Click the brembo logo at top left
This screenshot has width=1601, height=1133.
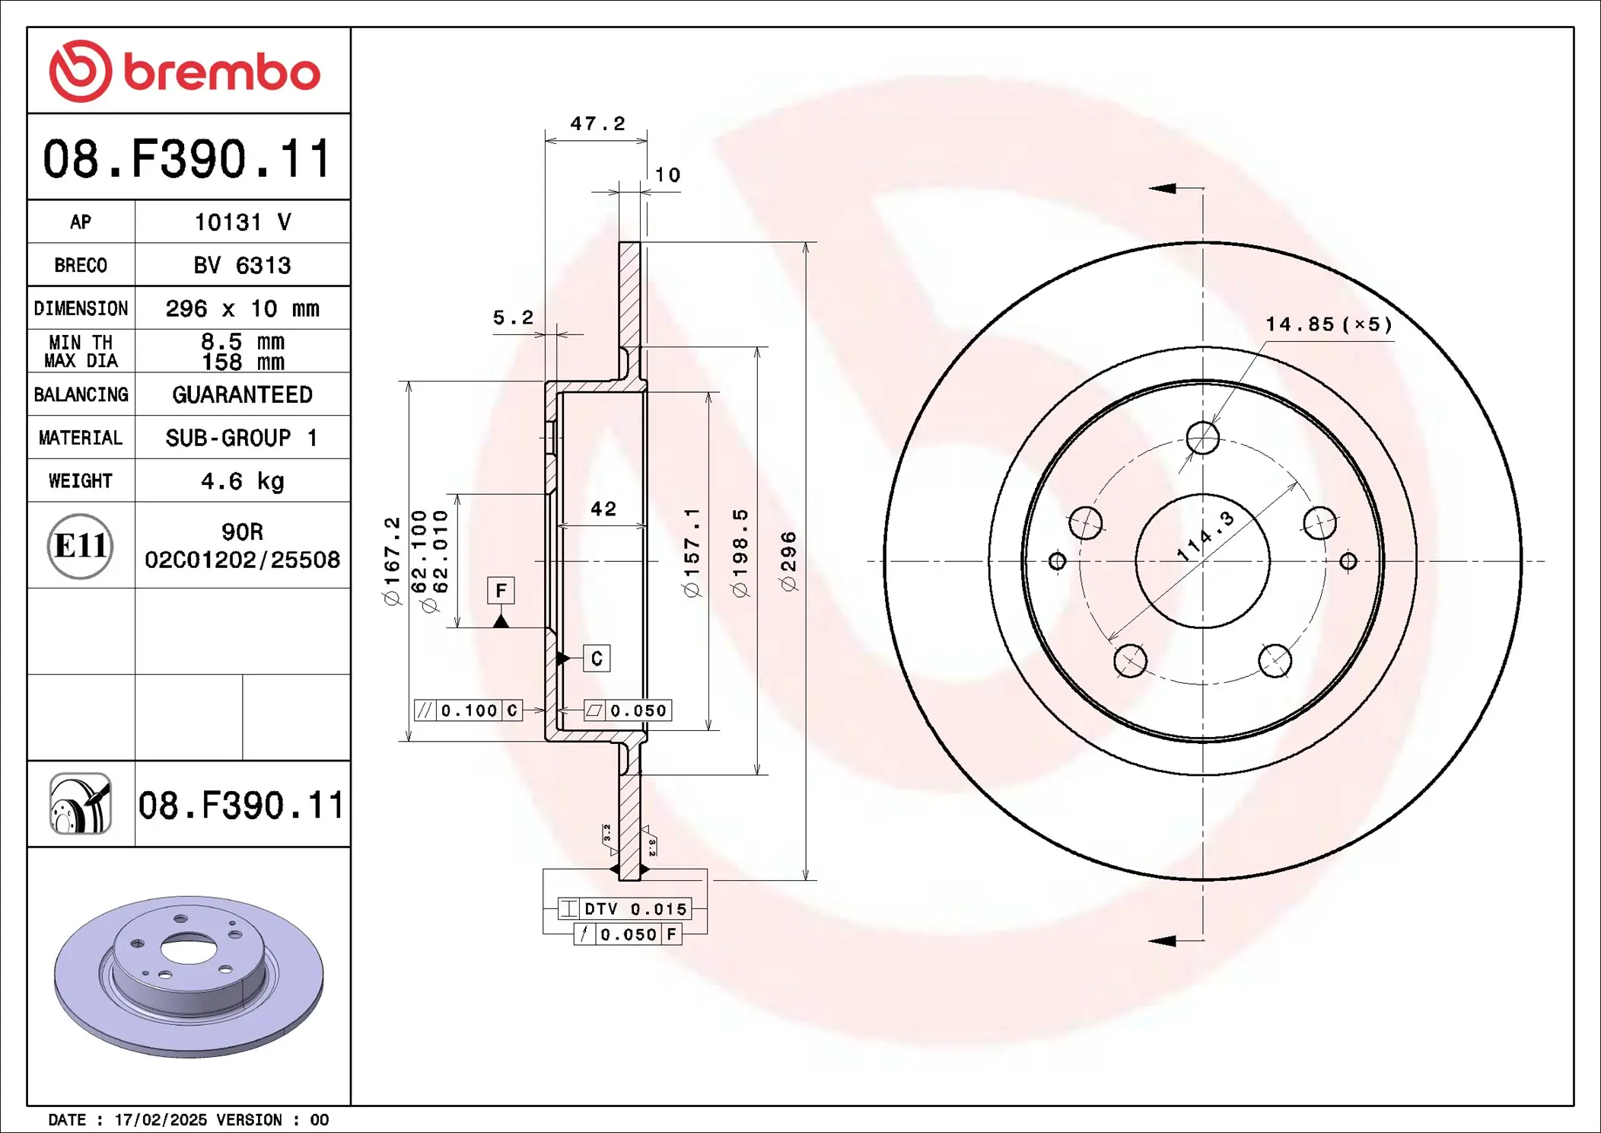[x=185, y=72]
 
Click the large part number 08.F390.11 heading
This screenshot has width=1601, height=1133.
[x=187, y=159]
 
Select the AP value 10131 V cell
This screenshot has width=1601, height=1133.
[x=242, y=222]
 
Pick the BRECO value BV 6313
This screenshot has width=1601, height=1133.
[x=242, y=266]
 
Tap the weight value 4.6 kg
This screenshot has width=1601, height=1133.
[x=242, y=481]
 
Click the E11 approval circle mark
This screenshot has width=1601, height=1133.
[x=80, y=546]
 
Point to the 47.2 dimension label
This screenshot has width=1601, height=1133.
[x=597, y=123]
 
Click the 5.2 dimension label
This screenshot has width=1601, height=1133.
[x=514, y=318]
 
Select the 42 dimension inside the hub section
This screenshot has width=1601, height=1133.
[x=603, y=509]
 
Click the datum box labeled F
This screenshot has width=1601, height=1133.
[x=501, y=590]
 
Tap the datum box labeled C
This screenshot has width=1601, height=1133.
[x=597, y=659]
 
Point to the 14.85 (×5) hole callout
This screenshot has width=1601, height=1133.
[x=1329, y=324]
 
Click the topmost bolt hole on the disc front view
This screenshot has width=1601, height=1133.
[x=1202, y=438]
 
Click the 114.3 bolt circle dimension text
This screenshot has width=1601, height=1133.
[x=1206, y=537]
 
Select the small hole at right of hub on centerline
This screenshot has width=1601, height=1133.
[x=1348, y=561]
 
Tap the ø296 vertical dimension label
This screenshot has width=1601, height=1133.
[x=789, y=562]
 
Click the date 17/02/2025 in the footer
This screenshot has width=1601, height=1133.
[x=161, y=1120]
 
